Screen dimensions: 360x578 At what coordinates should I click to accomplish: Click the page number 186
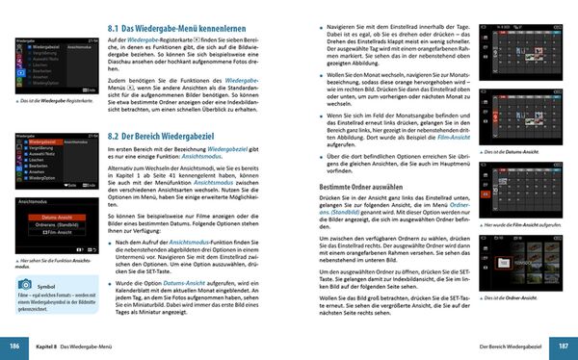click(x=13, y=346)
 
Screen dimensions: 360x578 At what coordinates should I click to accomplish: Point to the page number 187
click(x=565, y=346)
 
